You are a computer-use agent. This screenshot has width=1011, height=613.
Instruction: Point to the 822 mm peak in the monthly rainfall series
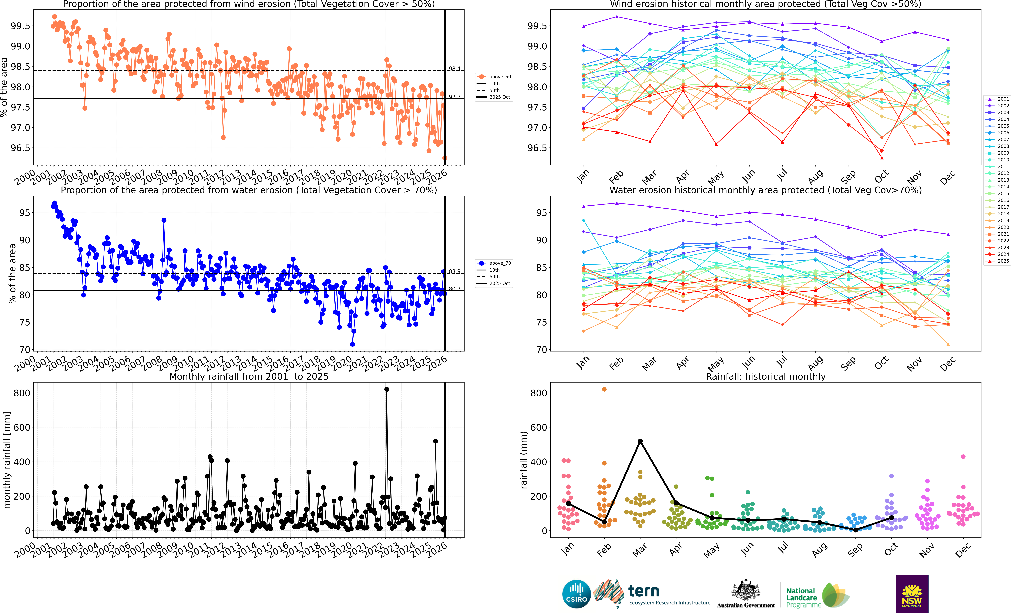[387, 390]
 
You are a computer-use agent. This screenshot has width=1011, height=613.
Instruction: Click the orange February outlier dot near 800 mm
[604, 390]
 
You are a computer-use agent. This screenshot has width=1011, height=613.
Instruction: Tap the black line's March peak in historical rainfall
[640, 441]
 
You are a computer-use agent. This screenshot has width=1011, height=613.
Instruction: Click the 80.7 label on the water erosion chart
[454, 289]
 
